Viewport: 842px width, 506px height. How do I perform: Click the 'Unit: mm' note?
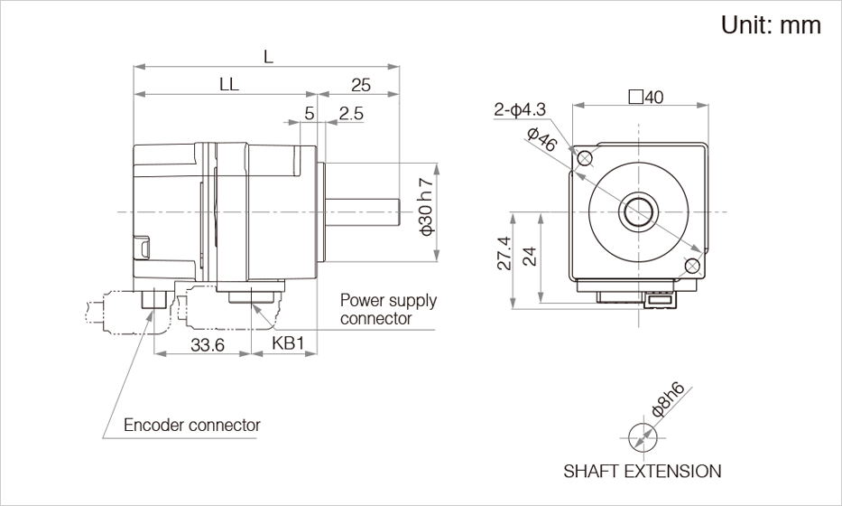click(771, 25)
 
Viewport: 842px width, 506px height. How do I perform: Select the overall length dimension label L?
click(268, 56)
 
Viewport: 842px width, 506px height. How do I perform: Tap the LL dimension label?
click(228, 84)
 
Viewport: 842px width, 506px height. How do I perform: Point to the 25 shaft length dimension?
click(360, 85)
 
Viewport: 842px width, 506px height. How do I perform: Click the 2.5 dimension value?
click(351, 114)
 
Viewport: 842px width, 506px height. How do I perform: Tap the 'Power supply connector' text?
click(388, 309)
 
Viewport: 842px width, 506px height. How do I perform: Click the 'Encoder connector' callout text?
click(191, 425)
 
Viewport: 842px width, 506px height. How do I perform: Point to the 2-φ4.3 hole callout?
click(520, 110)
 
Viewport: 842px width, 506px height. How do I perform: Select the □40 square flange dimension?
click(644, 98)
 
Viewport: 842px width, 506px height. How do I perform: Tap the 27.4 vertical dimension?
click(504, 254)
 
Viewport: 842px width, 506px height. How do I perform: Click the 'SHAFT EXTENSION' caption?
click(643, 471)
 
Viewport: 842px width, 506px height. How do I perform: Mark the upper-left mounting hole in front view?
click(585, 159)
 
